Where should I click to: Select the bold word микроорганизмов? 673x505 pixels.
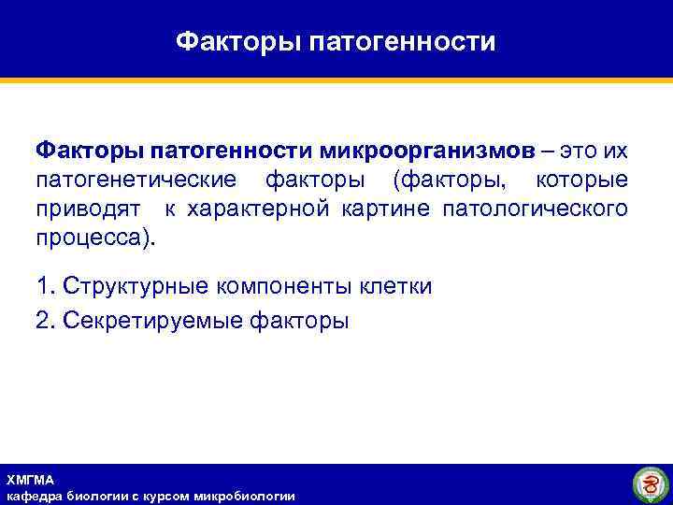[x=428, y=151]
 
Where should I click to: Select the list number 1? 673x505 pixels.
[x=42, y=286]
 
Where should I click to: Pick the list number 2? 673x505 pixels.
[x=42, y=321]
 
